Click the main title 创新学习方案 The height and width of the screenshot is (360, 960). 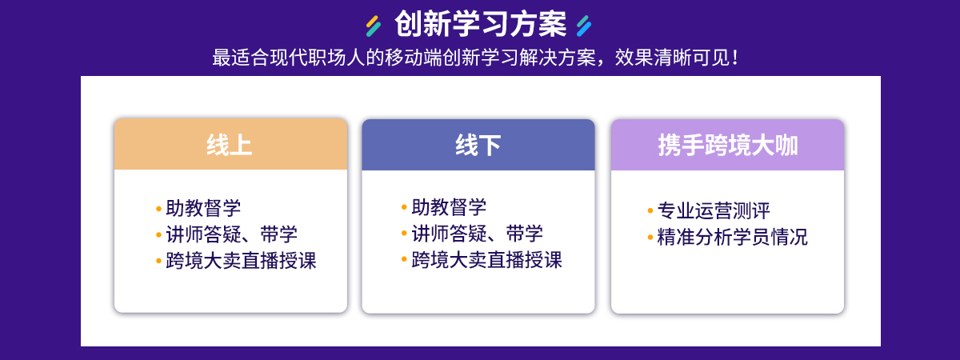(x=480, y=24)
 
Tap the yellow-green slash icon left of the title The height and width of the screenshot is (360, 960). (x=374, y=26)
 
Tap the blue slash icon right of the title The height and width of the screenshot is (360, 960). (x=584, y=26)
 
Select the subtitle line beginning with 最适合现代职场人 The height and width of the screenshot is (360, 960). (x=475, y=58)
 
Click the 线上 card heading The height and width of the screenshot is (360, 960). (x=230, y=145)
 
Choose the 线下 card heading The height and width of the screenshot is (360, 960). (x=478, y=145)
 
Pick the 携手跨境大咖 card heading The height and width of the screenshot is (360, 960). (x=728, y=145)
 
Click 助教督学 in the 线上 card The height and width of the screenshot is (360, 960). (x=203, y=208)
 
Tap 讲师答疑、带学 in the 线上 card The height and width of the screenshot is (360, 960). (x=231, y=234)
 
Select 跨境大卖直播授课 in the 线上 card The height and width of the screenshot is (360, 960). (x=241, y=261)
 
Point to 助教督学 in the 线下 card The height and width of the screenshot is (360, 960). (x=449, y=207)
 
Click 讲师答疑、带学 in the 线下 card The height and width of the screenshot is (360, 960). (x=477, y=234)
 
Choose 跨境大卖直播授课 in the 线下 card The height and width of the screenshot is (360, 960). (x=486, y=260)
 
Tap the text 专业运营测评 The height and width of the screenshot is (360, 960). (x=714, y=210)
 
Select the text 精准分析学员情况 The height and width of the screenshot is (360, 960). (x=733, y=237)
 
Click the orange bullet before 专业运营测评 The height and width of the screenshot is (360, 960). (x=650, y=210)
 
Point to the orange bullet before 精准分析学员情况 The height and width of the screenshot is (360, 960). (x=650, y=237)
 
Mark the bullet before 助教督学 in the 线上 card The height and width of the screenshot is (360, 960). (x=158, y=209)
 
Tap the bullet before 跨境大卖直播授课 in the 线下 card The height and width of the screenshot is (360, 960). (x=404, y=259)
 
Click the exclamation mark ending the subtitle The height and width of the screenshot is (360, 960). (x=735, y=58)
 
